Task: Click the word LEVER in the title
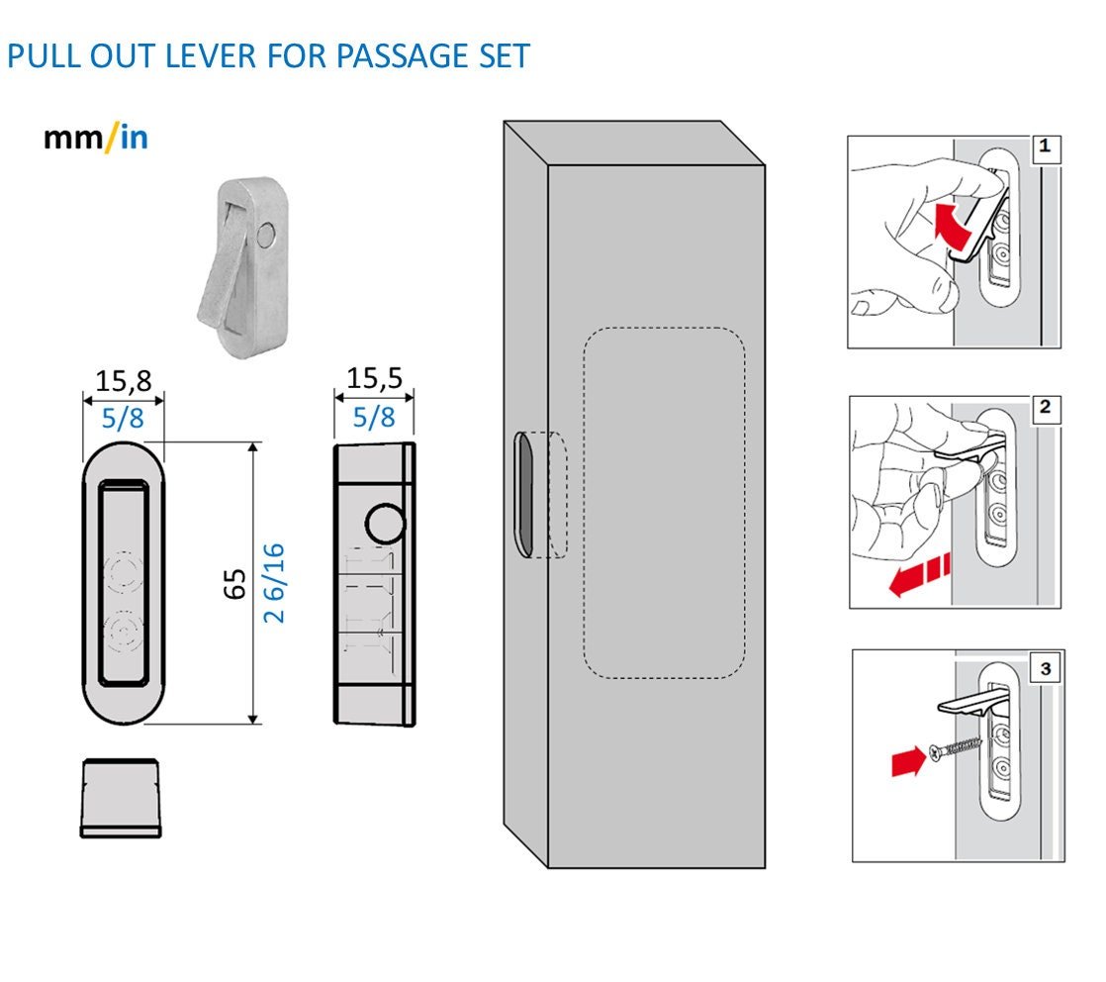click(199, 55)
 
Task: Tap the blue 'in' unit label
click(134, 138)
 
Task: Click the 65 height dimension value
click(234, 584)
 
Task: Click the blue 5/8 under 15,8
click(123, 418)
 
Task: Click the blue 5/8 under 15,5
click(373, 418)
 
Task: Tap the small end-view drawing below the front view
click(122, 798)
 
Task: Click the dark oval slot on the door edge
click(524, 493)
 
